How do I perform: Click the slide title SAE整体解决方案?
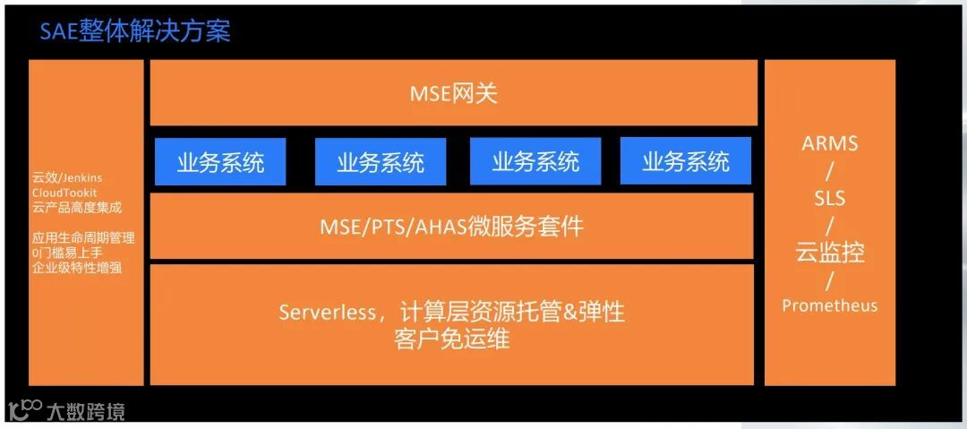pyautogui.click(x=135, y=32)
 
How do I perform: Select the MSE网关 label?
pyautogui.click(x=452, y=93)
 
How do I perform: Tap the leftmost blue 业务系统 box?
pyautogui.click(x=220, y=162)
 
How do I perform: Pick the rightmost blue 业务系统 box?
pyautogui.click(x=685, y=162)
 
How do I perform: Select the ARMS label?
pyautogui.click(x=829, y=143)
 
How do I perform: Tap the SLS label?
pyautogui.click(x=829, y=198)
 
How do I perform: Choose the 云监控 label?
pyautogui.click(x=829, y=252)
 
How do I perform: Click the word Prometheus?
pyautogui.click(x=829, y=305)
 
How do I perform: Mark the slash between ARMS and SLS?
pyautogui.click(x=829, y=170)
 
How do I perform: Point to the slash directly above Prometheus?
pyautogui.click(x=829, y=279)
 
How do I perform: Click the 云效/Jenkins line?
pyautogui.click(x=67, y=178)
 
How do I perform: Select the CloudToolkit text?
pyautogui.click(x=64, y=193)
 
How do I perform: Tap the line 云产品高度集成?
pyautogui.click(x=77, y=208)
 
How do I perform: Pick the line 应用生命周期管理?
pyautogui.click(x=83, y=238)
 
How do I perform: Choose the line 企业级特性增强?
pyautogui.click(x=77, y=267)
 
